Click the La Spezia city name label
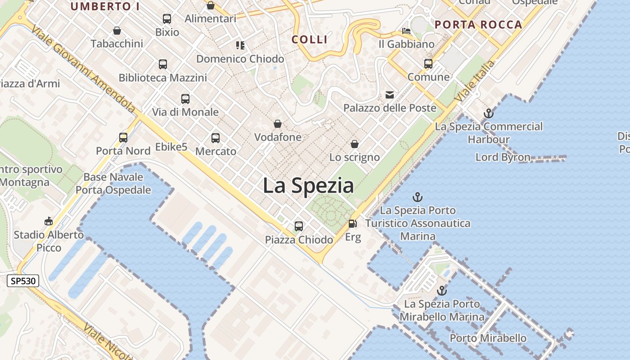point(308,185)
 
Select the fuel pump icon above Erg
point(353,223)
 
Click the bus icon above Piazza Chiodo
point(299,226)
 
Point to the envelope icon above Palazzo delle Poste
point(390,95)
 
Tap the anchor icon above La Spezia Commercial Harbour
point(489,113)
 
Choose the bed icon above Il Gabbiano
point(406,31)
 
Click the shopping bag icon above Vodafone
point(278,124)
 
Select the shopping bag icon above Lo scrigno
point(355,144)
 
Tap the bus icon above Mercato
point(216,138)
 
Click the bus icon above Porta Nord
point(123,138)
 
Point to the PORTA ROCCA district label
point(479,25)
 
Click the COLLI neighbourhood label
point(310,40)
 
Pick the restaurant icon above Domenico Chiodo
point(240,45)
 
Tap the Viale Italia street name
point(475,81)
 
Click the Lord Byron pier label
point(503,157)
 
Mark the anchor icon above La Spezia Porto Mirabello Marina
point(442,291)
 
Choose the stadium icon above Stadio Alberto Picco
point(49,221)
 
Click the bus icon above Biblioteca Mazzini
point(163,64)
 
